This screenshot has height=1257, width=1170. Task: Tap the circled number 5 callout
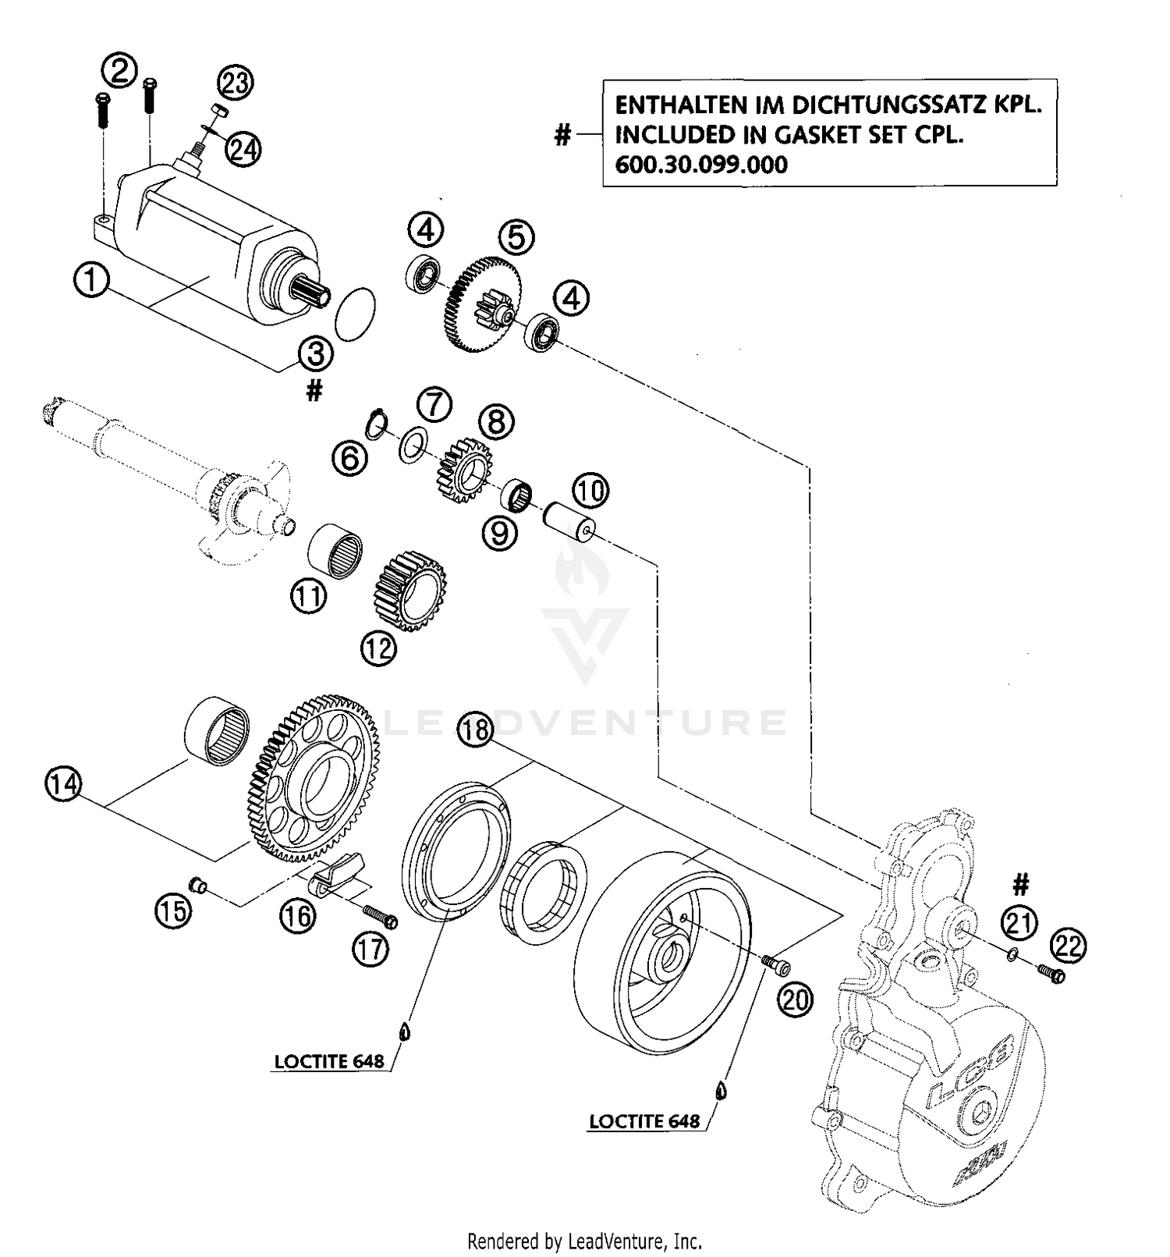coord(516,237)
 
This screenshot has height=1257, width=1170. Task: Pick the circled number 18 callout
coord(475,730)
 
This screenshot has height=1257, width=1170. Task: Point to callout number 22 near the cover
coord(1068,947)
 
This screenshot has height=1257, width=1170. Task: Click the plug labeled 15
coord(197,885)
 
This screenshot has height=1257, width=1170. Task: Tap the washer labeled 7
coord(412,445)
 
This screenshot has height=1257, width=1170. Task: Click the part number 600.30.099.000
coord(701,165)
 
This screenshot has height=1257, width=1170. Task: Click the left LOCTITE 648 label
coord(329,1061)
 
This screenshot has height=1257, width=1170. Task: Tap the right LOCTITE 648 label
coord(644,1121)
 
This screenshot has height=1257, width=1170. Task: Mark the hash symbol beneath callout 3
coord(314,391)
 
